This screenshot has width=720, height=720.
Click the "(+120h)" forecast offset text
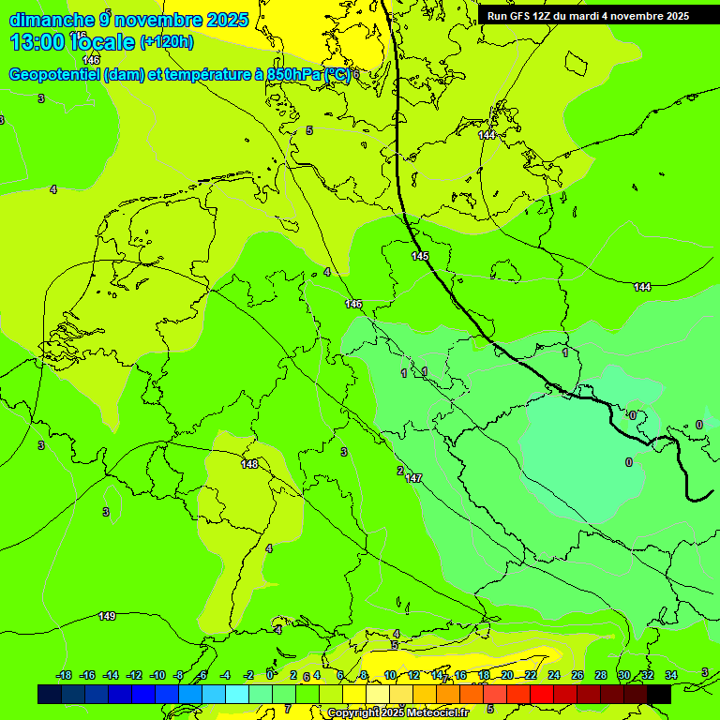(x=167, y=42)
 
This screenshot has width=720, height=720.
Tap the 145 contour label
(x=420, y=256)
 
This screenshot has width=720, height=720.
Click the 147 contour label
(x=413, y=479)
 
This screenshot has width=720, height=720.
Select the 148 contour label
(x=249, y=464)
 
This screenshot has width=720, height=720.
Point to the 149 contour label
(x=107, y=616)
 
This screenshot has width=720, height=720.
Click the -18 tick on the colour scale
(x=64, y=675)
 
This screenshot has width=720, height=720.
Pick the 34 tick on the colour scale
(x=671, y=675)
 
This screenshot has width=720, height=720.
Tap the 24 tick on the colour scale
(x=553, y=675)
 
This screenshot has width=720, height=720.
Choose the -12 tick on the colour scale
(x=134, y=675)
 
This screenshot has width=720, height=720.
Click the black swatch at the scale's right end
(x=659, y=694)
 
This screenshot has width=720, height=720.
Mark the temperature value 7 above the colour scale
(x=288, y=709)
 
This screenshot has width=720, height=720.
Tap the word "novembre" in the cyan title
(x=162, y=20)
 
